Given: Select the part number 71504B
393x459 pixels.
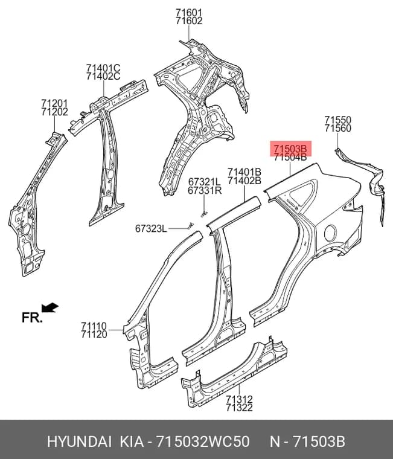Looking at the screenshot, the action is coord(290,157).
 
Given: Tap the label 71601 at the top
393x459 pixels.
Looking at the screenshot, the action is coord(189,13).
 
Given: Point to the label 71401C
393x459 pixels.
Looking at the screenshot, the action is coord(103,68).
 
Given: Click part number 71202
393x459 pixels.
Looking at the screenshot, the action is coord(54,112).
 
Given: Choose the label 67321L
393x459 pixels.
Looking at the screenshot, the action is coord(204,182).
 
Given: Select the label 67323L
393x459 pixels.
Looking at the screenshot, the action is coord(151,228).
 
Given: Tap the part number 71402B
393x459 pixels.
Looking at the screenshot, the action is coord(244,181).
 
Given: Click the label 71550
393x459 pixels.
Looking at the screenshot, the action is coord(337,120).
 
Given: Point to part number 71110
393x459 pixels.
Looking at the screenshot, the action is coord(94,326).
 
